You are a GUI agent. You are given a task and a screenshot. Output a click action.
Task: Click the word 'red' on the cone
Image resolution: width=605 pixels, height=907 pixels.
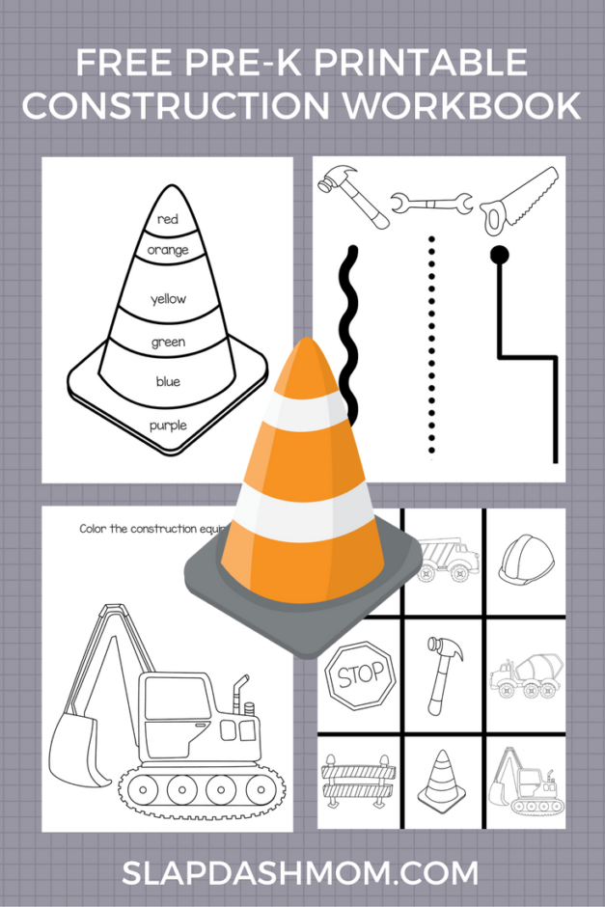(168, 219)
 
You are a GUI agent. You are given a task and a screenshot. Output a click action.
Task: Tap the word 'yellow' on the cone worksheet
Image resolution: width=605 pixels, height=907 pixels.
(168, 299)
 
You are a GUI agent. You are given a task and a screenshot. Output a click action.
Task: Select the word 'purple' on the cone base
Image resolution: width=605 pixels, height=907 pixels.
(168, 425)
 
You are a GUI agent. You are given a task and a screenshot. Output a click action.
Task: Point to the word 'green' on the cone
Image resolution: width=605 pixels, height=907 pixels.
(168, 342)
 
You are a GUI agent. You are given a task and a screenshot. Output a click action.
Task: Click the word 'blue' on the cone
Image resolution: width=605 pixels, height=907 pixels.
(168, 382)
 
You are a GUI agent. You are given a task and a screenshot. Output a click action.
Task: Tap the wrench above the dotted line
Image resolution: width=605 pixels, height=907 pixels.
(431, 204)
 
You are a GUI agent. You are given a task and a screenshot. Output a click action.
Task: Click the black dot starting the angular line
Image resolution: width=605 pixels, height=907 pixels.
(499, 255)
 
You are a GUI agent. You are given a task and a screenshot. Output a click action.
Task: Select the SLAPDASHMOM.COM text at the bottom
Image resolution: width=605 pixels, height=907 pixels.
(300, 873)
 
